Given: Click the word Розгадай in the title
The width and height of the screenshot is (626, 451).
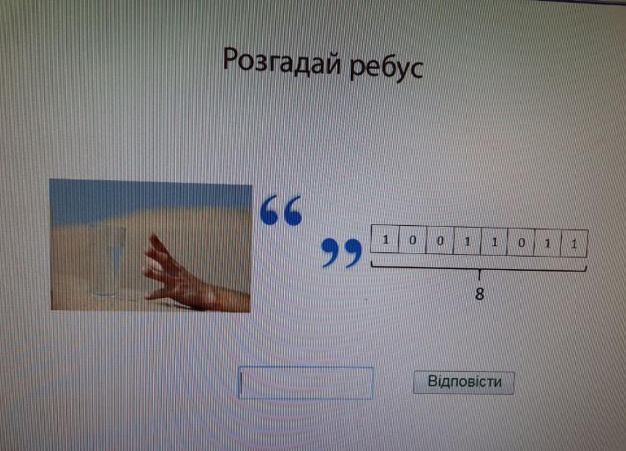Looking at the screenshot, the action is coord(282,63).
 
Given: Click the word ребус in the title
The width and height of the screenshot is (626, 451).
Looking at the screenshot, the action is coord(386,68).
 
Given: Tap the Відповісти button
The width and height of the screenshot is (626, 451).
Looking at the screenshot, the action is coord(464,382).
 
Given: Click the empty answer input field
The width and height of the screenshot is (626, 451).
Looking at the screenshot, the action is coord(306,382).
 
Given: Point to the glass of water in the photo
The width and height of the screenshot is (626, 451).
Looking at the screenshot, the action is coord(108,261).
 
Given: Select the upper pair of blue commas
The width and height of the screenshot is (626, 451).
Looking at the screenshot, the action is coord(281,210).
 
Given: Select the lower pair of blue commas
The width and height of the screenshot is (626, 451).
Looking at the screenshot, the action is coord(342,252).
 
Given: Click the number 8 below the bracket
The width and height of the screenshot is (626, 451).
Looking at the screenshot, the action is coord(479,295).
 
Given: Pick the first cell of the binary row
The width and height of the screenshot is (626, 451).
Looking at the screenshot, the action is coord(385,239).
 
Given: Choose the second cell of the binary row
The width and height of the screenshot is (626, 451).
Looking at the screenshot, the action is coord(412,240).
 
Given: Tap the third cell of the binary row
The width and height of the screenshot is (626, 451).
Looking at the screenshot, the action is coord(440,241).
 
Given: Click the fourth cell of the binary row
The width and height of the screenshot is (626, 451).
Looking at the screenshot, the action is coord(467,241).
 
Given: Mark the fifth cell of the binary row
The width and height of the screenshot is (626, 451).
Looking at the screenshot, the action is coord(494,242).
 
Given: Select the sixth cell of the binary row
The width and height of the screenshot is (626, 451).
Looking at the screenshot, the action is coord(520,243).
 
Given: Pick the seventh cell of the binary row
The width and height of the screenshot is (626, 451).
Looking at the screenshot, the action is coord(548,243).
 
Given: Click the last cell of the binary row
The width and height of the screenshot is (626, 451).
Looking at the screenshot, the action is coord(574,244).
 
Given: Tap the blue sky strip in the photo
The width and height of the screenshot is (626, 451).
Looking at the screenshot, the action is coord(150,200).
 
